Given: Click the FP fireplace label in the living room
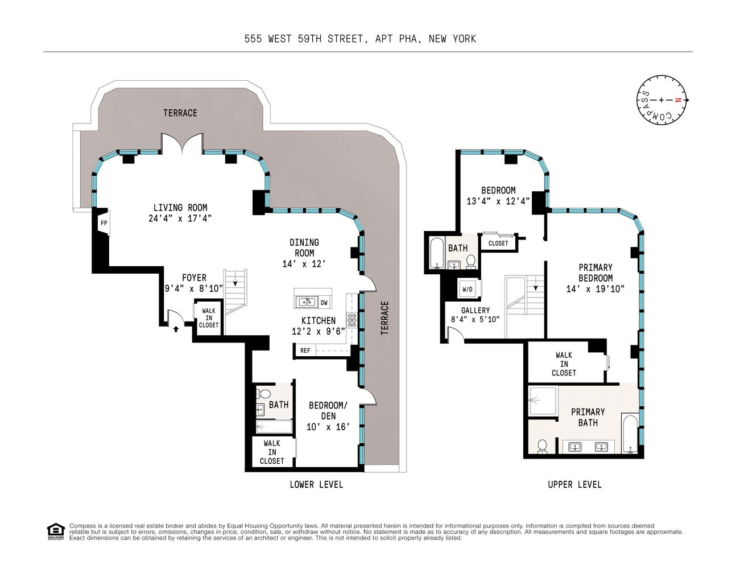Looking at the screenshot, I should (104, 223).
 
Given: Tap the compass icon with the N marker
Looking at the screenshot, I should (661, 100).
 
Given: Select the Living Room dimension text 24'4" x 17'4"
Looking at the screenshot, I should (180, 218).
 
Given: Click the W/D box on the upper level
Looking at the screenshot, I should (468, 289).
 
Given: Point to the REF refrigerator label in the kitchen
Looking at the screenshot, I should (305, 351).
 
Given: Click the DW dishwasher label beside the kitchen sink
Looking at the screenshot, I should (324, 302).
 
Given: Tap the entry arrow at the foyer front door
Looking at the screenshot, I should (176, 328).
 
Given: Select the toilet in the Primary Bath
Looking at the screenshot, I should (542, 446).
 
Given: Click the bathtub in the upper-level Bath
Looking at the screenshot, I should (436, 254).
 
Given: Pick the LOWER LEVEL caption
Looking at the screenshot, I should (316, 484).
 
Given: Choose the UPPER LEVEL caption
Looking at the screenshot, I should (574, 484).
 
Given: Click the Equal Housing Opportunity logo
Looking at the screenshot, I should (55, 531).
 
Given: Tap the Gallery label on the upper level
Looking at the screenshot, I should (475, 310).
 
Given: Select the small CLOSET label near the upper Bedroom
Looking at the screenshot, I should (498, 243).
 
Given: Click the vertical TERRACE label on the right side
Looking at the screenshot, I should (385, 318).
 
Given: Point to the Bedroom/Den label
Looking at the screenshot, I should (328, 410).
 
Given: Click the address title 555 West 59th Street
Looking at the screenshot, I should (360, 39).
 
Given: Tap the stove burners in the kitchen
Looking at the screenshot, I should (352, 320).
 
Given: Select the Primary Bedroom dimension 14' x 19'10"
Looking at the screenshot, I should (595, 288).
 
